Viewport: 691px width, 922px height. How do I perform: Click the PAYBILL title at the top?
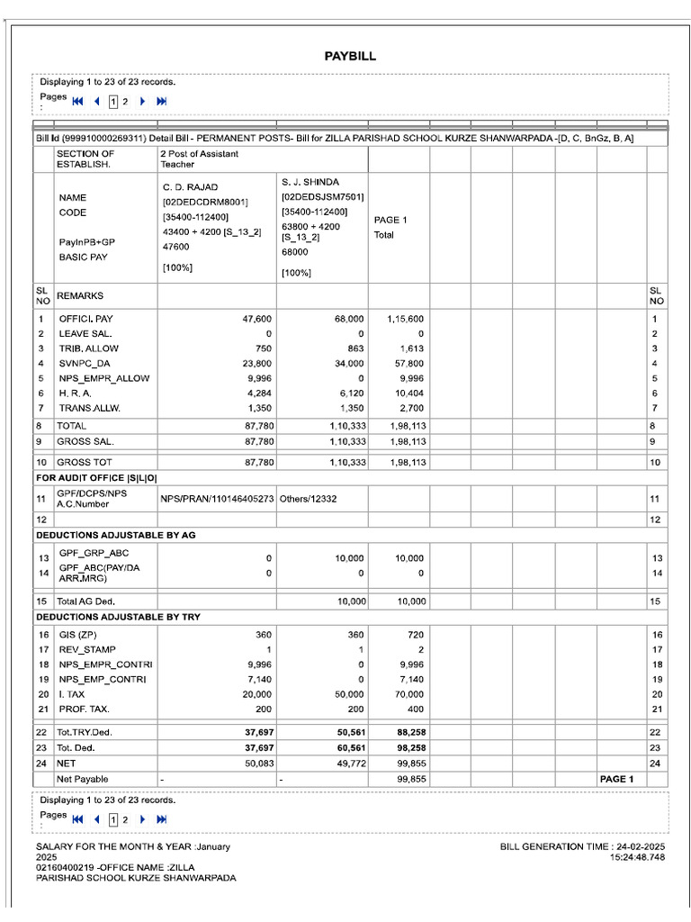click(x=350, y=57)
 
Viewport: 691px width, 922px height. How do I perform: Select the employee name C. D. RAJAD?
click(x=190, y=187)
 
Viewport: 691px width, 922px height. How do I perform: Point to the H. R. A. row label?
click(x=76, y=393)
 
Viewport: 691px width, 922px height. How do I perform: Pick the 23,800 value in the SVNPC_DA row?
click(x=256, y=364)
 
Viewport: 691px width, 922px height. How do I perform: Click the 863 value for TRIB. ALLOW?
click(x=354, y=348)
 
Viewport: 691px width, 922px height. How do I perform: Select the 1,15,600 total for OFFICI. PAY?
click(x=406, y=319)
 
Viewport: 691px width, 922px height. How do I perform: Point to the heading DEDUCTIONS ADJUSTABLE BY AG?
click(x=115, y=535)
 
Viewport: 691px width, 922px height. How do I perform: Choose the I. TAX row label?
click(x=73, y=694)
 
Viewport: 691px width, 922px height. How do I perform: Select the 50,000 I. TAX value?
click(x=349, y=694)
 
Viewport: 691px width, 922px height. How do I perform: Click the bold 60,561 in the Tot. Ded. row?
click(x=349, y=748)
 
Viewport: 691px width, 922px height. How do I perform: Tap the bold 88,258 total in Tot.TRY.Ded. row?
click(x=410, y=733)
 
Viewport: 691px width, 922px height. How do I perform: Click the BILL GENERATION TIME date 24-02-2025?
click(x=641, y=847)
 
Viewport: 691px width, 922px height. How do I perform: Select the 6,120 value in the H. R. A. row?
click(x=352, y=393)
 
